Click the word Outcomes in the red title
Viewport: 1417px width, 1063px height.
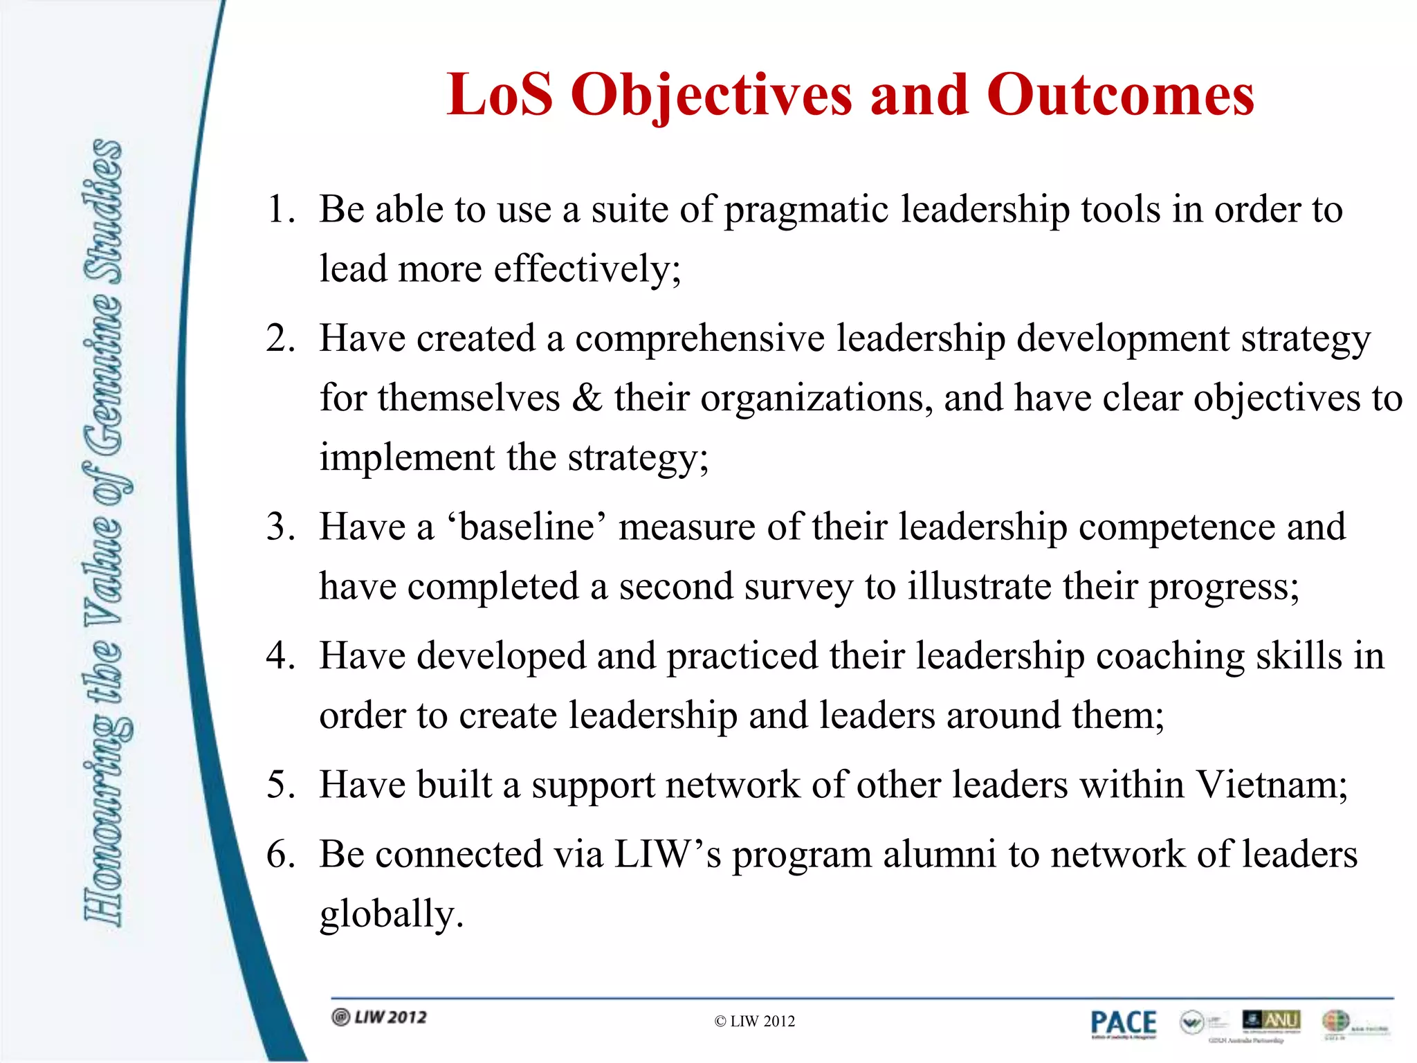[x=1120, y=95]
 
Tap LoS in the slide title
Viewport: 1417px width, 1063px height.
[x=500, y=95]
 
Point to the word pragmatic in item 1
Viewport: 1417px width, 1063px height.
[x=806, y=210]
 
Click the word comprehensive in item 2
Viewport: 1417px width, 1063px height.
[x=700, y=339]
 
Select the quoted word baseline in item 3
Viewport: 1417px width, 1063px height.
[x=527, y=527]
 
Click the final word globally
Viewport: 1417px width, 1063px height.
[x=390, y=914]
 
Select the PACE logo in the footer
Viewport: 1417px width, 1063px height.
[x=1123, y=1023]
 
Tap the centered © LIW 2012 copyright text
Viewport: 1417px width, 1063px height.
[x=754, y=1021]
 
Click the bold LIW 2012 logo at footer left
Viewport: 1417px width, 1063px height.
[x=380, y=1017]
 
